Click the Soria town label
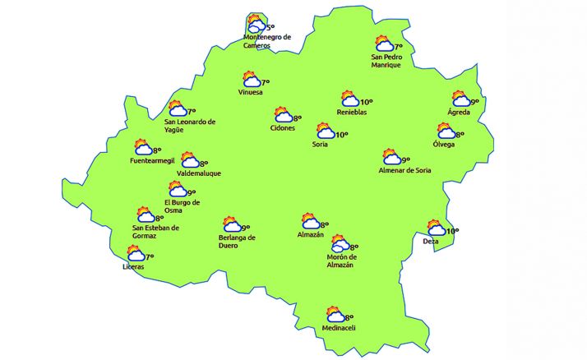(x=320, y=145)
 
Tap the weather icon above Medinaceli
(x=335, y=315)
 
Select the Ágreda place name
(x=459, y=112)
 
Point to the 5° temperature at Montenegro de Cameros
(x=270, y=27)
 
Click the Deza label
(x=431, y=242)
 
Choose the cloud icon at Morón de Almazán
(x=339, y=244)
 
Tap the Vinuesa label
(x=250, y=92)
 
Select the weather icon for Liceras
(x=135, y=256)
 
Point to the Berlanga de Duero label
(x=237, y=242)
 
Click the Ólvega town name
(x=444, y=145)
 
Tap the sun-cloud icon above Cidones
(x=284, y=115)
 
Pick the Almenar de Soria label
(x=404, y=170)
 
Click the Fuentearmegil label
(x=153, y=160)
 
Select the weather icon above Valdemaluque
(x=189, y=160)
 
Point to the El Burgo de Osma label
(x=182, y=206)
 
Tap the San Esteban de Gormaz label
(x=155, y=232)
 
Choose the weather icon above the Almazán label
(x=310, y=221)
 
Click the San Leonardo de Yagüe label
(x=190, y=126)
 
